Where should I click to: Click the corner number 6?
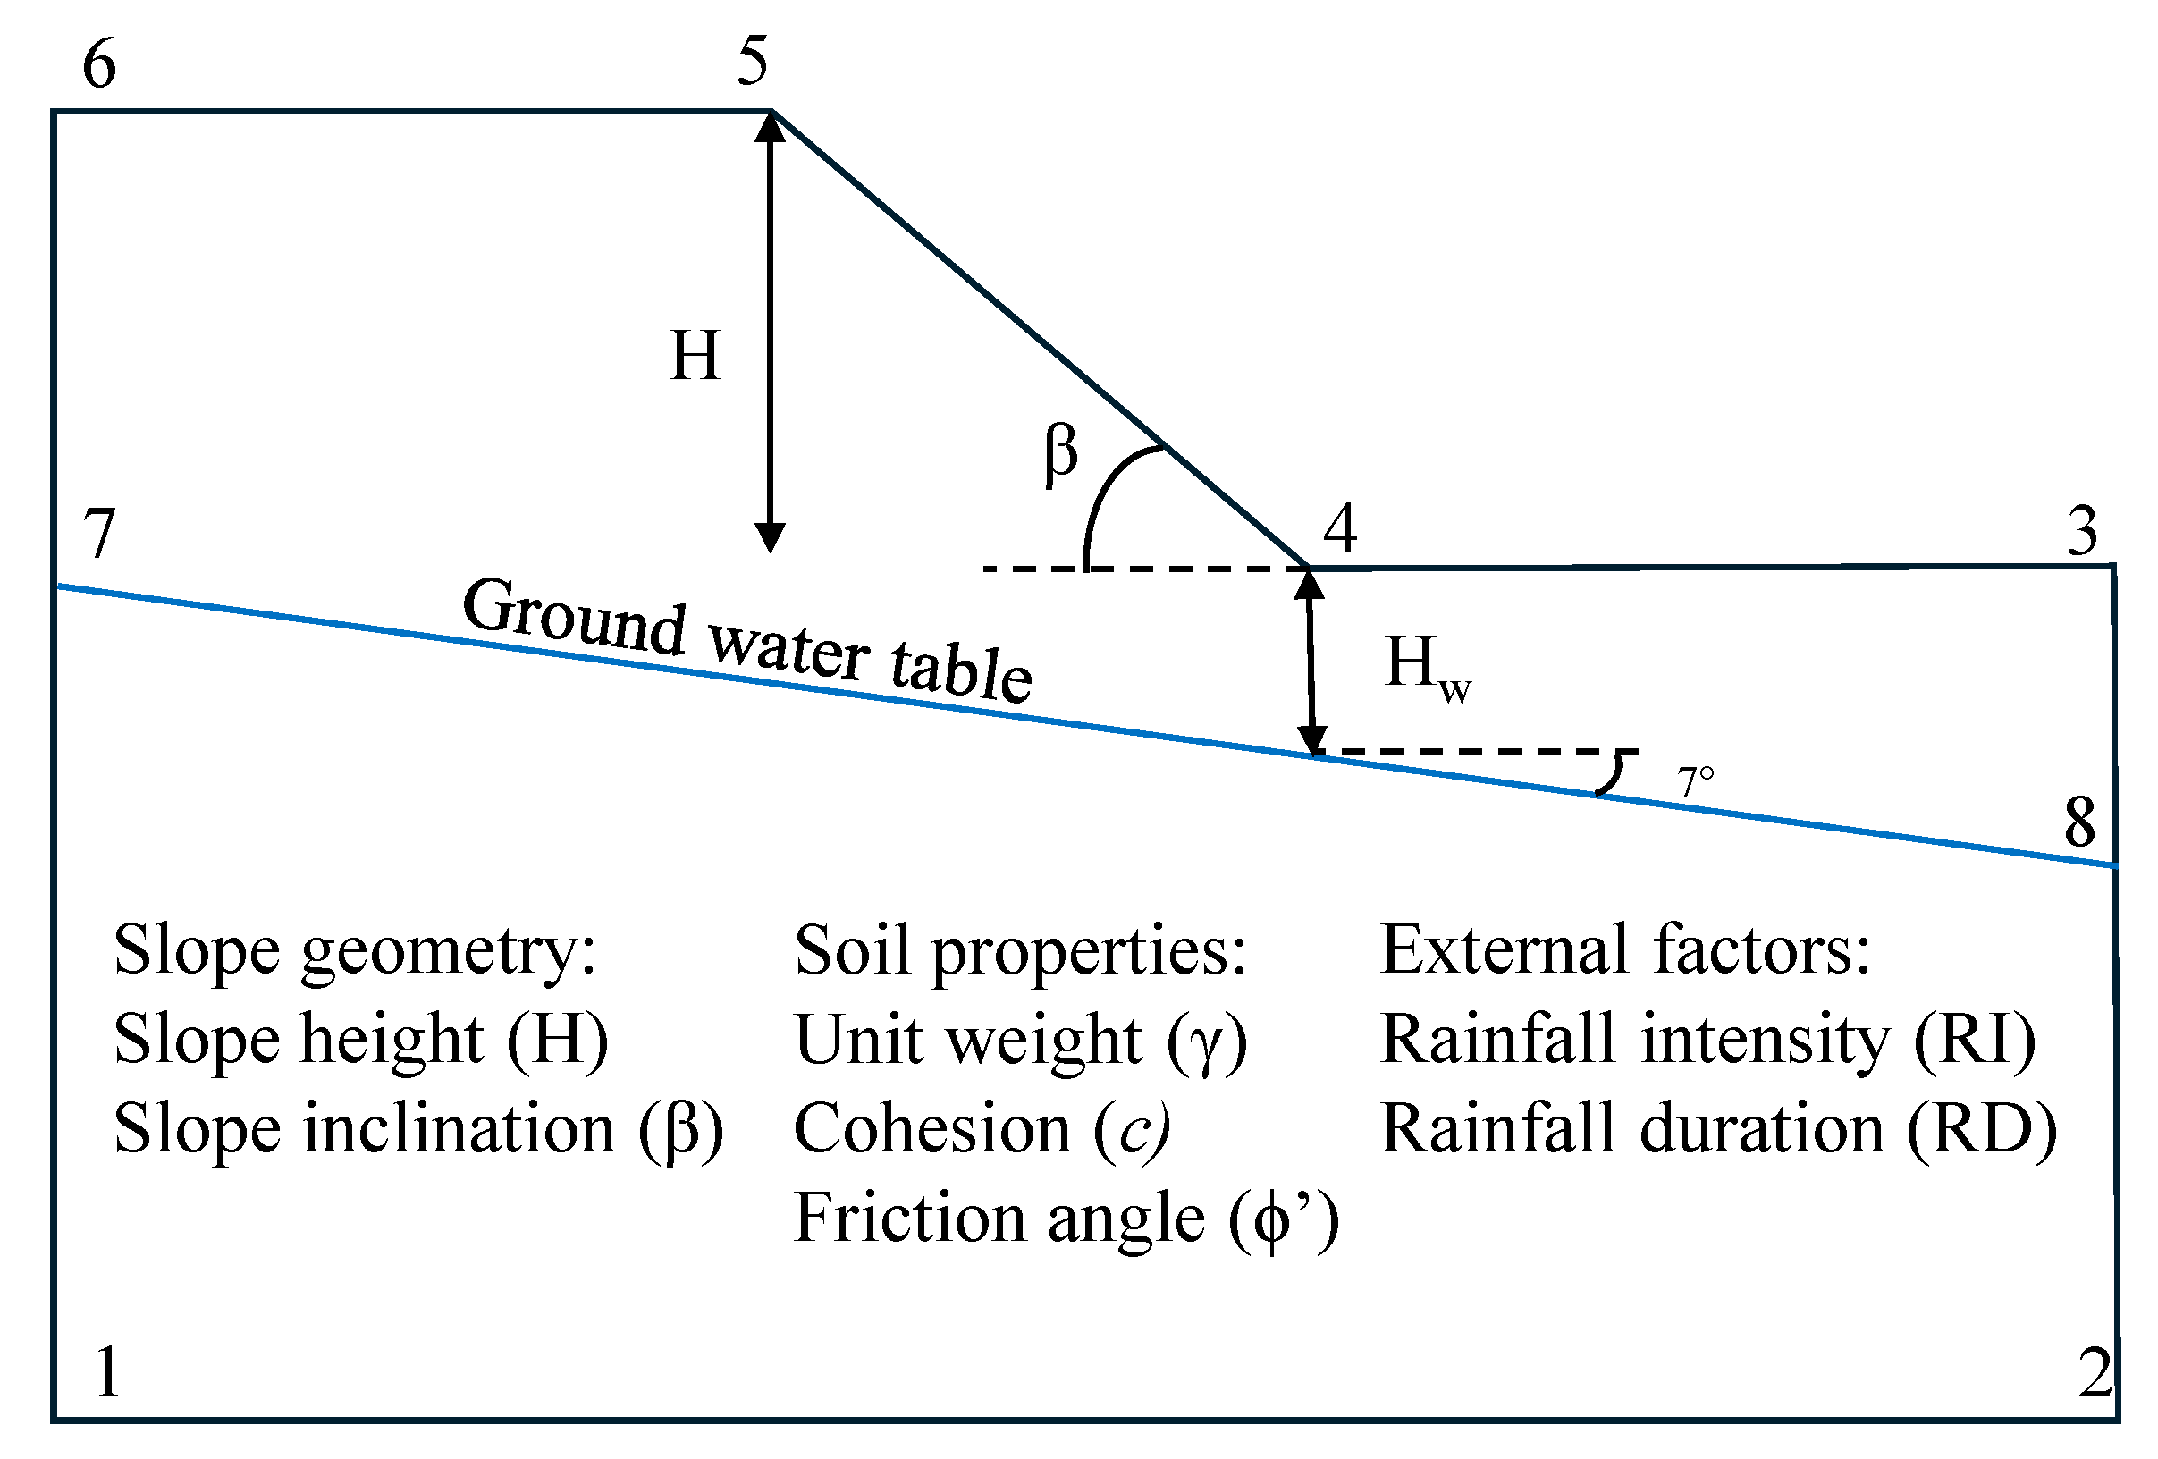tap(99, 64)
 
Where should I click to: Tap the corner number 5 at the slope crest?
tap(753, 62)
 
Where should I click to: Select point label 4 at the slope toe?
tap(1340, 528)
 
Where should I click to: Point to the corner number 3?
tap(2083, 531)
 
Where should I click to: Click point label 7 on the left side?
tap(99, 533)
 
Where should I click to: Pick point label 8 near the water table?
tap(2080, 822)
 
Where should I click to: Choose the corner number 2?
tap(2095, 1373)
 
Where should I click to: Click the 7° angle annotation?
tap(1695, 782)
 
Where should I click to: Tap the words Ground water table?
tap(747, 639)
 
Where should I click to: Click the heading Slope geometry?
tap(355, 950)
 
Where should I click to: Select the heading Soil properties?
tap(1021, 950)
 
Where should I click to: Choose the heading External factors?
tap(1625, 949)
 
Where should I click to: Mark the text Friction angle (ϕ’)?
tap(1066, 1218)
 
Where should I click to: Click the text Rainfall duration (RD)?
tap(1719, 1129)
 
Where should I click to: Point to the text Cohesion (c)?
tap(982, 1129)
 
